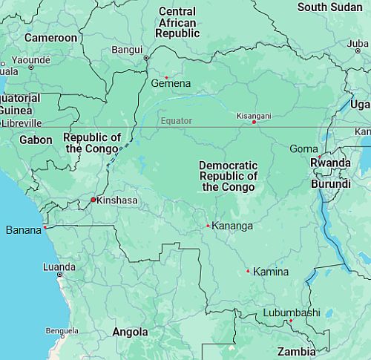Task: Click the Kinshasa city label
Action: [x=117, y=200]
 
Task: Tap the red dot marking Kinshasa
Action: [x=93, y=200]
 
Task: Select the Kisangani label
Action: [x=254, y=116]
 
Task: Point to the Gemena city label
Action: [x=171, y=84]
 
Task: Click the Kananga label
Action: [x=232, y=226]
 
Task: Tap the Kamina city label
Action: [x=271, y=272]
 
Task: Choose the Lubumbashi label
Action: [x=292, y=312]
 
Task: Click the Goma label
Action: [x=303, y=148]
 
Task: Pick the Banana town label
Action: [x=24, y=230]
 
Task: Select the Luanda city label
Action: [x=59, y=266]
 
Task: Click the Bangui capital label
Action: [x=126, y=50]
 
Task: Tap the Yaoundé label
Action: [x=30, y=59]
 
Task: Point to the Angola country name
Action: [x=130, y=332]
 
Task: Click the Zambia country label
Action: [x=296, y=351]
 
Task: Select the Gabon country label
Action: [x=36, y=140]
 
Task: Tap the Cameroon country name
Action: [x=50, y=37]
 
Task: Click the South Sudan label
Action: [x=329, y=7]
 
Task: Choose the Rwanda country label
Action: [x=330, y=163]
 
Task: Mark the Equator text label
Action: [x=177, y=120]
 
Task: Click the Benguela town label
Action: [x=62, y=330]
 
